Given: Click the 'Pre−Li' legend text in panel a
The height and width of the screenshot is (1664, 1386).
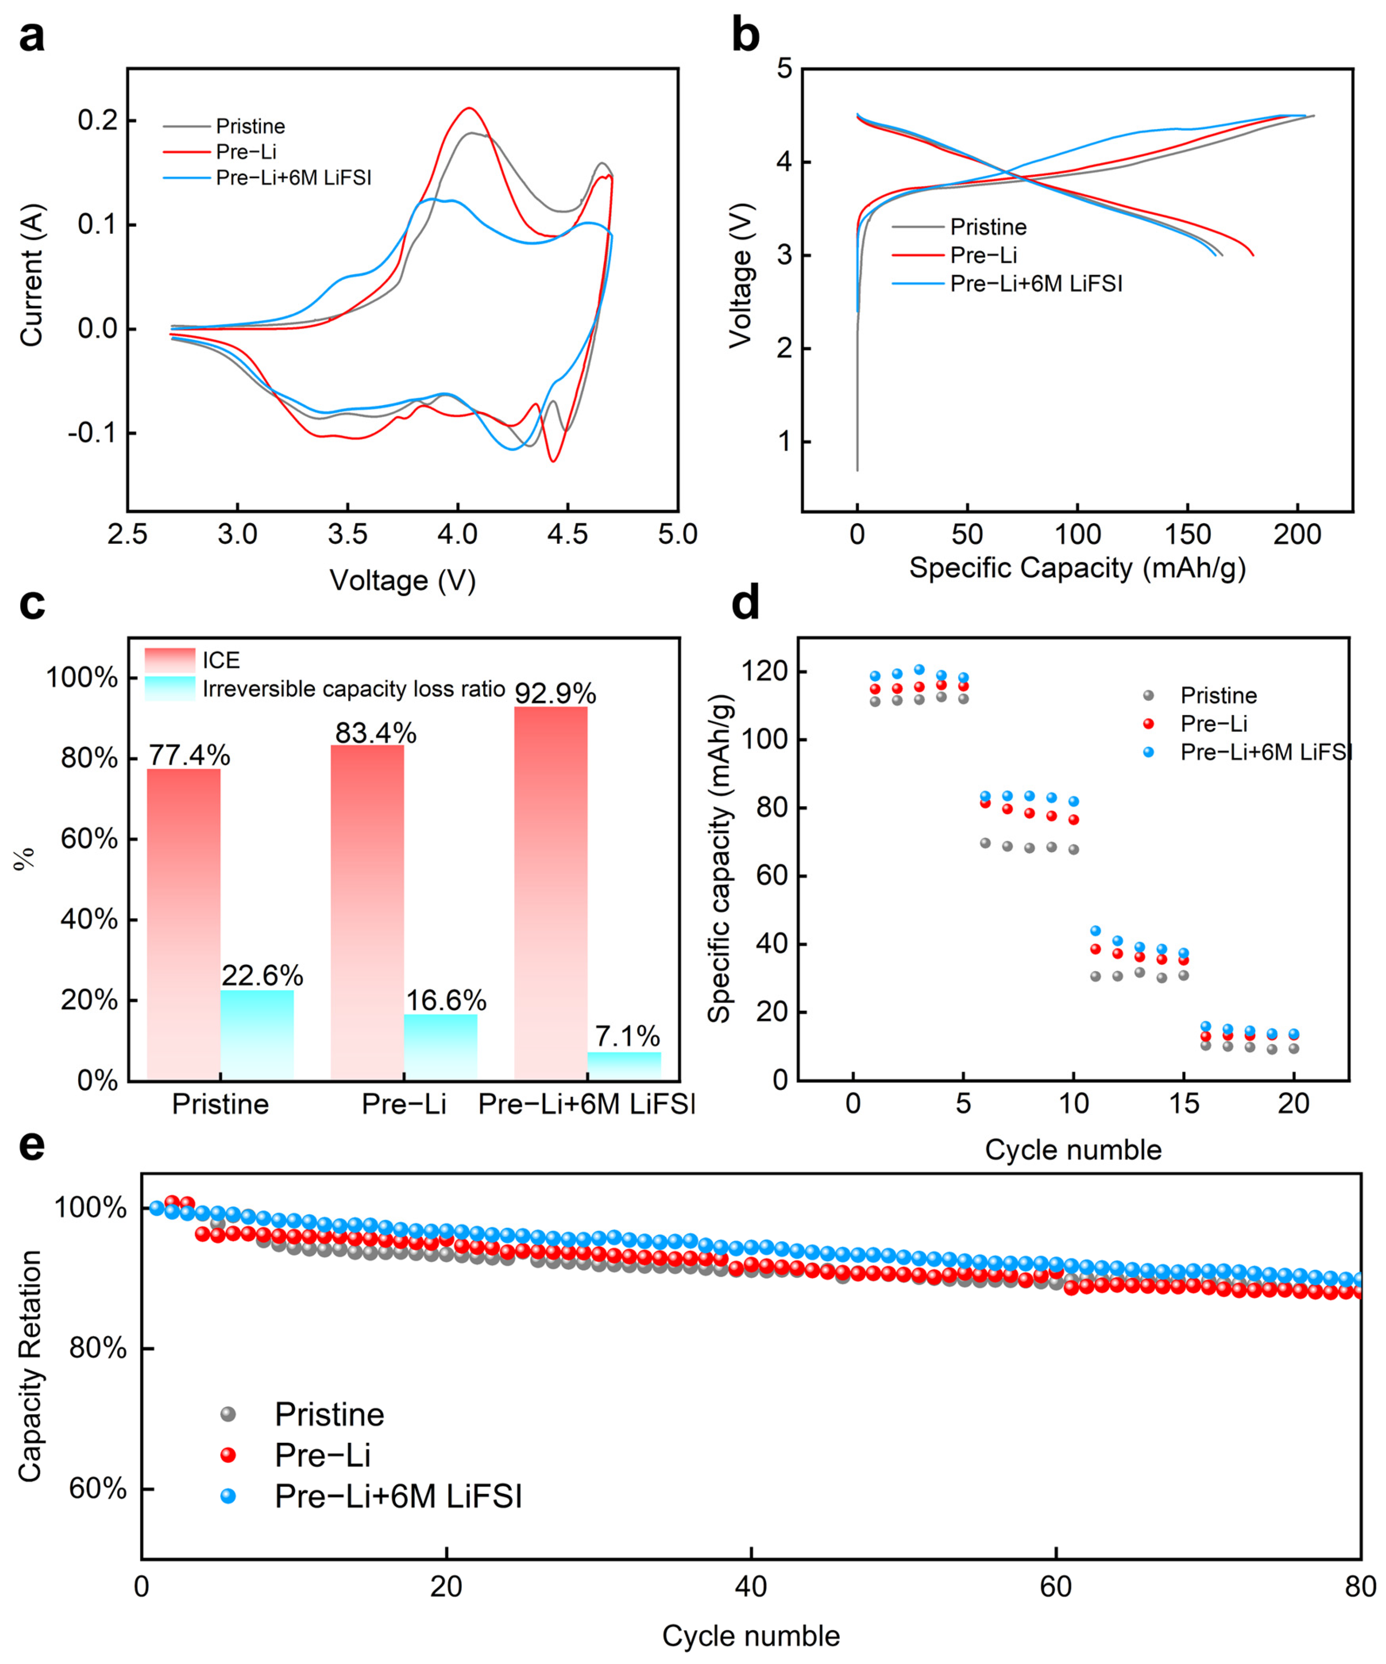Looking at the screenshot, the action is pyautogui.click(x=246, y=152).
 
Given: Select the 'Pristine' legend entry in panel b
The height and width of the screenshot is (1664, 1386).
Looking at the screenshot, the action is pyautogui.click(x=988, y=227).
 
